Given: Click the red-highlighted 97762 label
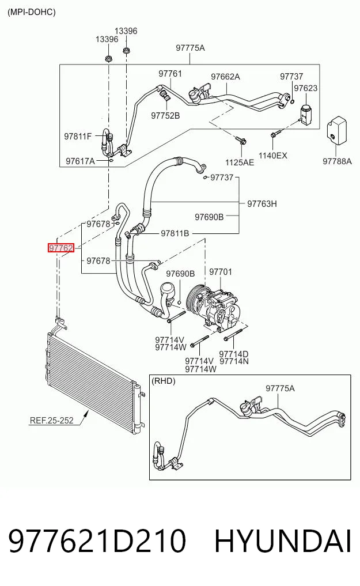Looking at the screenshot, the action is tap(61, 248).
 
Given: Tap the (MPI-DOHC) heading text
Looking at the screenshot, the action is tap(31, 12).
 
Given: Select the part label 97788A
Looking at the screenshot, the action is tap(337, 161).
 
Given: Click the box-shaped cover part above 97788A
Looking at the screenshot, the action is tap(338, 130).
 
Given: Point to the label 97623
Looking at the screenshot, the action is tap(305, 88).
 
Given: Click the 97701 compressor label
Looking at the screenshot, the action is tap(221, 272).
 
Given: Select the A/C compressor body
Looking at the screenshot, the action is tap(218, 307).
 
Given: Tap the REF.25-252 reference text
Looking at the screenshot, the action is tap(51, 421).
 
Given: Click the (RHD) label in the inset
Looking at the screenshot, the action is tap(163, 381).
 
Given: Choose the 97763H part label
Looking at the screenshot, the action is tap(262, 203).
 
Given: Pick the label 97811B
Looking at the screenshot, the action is tap(175, 233).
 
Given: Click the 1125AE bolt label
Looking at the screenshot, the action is tap(240, 162).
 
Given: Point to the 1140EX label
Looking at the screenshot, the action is tap(272, 156).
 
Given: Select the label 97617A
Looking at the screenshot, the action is tap(80, 161).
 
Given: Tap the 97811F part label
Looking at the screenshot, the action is tap(78, 137).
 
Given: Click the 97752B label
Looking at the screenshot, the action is tap(165, 116).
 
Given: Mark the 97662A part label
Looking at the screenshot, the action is tap(225, 77).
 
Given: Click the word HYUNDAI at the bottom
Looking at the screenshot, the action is tap(283, 541).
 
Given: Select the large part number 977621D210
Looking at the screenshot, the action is tap(97, 541).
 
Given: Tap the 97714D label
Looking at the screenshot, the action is tap(234, 354).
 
